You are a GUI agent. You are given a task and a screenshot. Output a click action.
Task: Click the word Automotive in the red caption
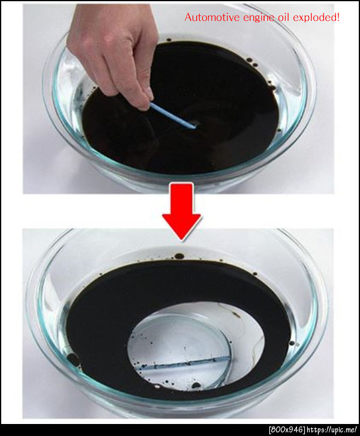click(212, 17)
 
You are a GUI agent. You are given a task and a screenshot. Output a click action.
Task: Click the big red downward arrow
click(181, 211)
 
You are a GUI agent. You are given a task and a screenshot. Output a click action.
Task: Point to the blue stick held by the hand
click(173, 115)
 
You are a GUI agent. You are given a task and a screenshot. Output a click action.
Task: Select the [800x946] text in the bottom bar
click(287, 430)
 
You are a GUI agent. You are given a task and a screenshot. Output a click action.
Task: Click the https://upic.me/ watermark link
click(332, 430)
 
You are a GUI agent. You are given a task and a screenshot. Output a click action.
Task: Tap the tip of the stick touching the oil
click(194, 127)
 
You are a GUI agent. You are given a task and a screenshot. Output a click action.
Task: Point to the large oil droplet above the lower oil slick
click(179, 256)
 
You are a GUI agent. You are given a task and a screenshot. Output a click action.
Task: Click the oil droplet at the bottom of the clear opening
click(196, 385)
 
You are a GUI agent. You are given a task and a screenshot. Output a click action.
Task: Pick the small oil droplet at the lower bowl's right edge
click(292, 343)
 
